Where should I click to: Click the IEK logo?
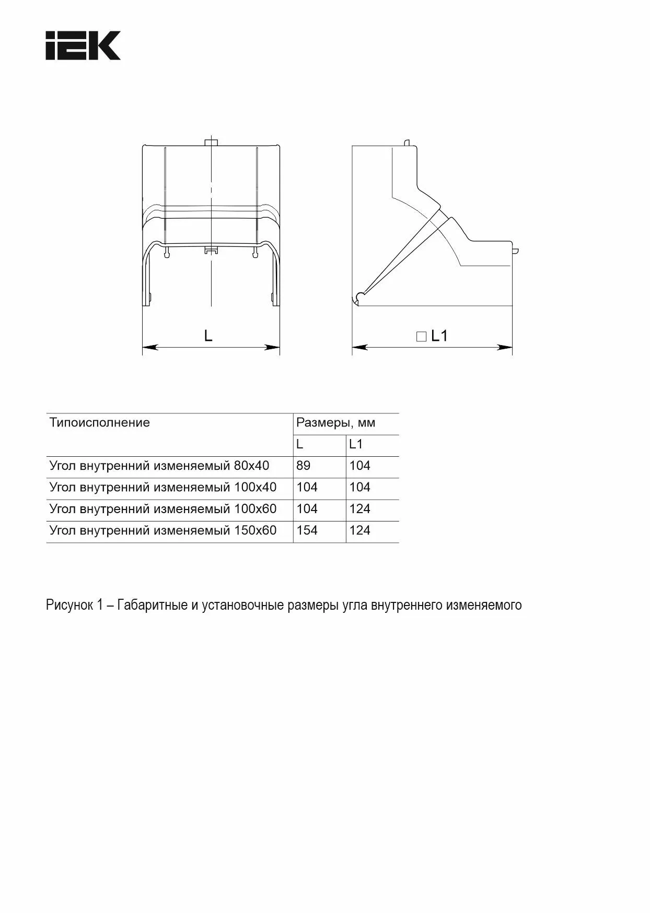pyautogui.click(x=83, y=45)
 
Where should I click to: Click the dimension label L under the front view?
pyautogui.click(x=208, y=336)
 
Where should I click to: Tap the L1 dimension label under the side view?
pyautogui.click(x=439, y=336)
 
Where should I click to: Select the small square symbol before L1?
pyautogui.click(x=421, y=337)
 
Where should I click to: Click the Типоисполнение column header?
pyautogui.click(x=99, y=422)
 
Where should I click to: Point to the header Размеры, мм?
pyautogui.click(x=335, y=422)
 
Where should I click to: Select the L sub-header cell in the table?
pyautogui.click(x=300, y=444)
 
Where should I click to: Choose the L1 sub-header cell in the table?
pyautogui.click(x=356, y=444)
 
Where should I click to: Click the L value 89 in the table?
pyautogui.click(x=303, y=466)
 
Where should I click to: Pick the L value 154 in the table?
pyautogui.click(x=307, y=530)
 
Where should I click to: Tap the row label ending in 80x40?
pyautogui.click(x=159, y=466)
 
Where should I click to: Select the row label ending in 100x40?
pyautogui.click(x=163, y=487)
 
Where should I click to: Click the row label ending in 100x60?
pyautogui.click(x=163, y=509)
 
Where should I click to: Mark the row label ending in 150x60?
pyautogui.click(x=163, y=530)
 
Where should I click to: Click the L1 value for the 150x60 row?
pyautogui.click(x=360, y=530)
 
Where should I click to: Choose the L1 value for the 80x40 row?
pyautogui.click(x=360, y=466)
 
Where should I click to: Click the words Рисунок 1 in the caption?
pyautogui.click(x=74, y=605)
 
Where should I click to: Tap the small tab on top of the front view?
pyautogui.click(x=211, y=143)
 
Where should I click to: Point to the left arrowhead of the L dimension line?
pyautogui.click(x=148, y=347)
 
